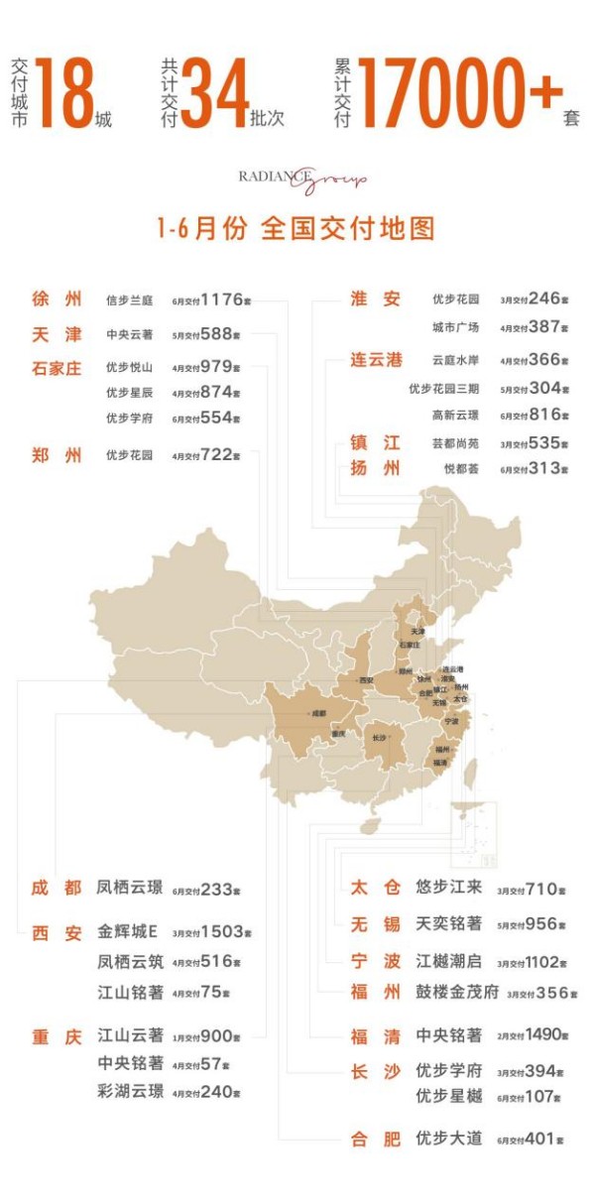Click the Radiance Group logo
coord(301,180)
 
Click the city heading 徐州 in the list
coord(58,300)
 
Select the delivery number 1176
coord(221,300)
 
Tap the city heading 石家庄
coord(58,368)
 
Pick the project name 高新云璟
coord(455,416)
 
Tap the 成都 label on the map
coord(317,712)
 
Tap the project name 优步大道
coord(448,1139)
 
